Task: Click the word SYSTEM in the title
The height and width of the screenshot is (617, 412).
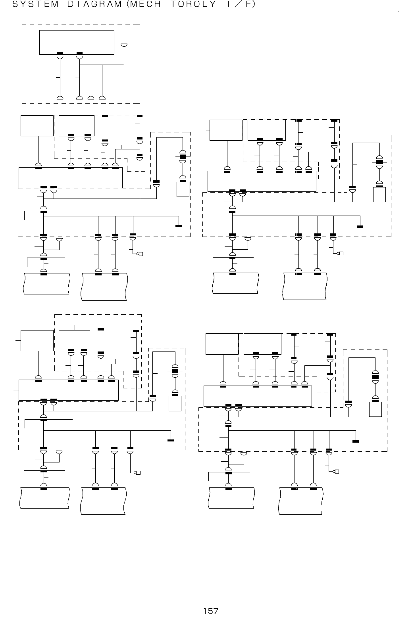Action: tap(31, 5)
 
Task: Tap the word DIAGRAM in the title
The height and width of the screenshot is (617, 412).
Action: tap(91, 5)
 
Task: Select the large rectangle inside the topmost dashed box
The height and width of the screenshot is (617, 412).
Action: tap(77, 42)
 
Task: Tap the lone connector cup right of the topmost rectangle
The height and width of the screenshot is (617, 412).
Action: tap(124, 46)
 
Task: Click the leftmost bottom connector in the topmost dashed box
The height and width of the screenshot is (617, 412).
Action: tap(60, 97)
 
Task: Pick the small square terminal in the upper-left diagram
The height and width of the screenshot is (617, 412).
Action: tap(140, 254)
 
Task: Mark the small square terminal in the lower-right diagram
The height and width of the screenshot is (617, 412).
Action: tap(337, 472)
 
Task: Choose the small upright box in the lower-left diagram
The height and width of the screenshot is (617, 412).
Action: tap(175, 403)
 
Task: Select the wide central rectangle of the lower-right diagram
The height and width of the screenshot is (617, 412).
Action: tap(258, 396)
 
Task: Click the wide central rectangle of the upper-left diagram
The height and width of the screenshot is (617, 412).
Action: tap(71, 178)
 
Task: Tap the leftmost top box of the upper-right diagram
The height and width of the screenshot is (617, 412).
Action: tap(226, 130)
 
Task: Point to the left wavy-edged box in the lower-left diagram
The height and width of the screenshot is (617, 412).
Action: tap(45, 497)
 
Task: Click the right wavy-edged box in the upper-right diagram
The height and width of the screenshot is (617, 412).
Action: tap(305, 286)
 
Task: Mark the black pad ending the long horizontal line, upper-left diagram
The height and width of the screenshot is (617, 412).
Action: tap(179, 226)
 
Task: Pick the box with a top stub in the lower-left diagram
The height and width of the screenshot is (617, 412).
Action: tap(74, 340)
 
